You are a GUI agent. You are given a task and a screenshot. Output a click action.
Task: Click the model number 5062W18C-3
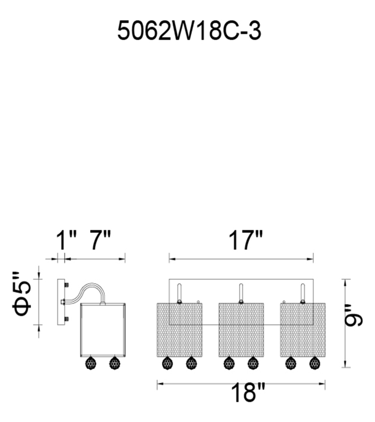tap(189, 31)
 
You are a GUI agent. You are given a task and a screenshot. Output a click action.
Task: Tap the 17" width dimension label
tap(246, 240)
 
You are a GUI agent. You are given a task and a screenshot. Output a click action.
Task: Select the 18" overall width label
tap(248, 392)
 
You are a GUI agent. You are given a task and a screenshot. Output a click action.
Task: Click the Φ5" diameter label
tap(23, 294)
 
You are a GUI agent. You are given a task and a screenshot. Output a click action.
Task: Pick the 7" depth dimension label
tap(100, 240)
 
